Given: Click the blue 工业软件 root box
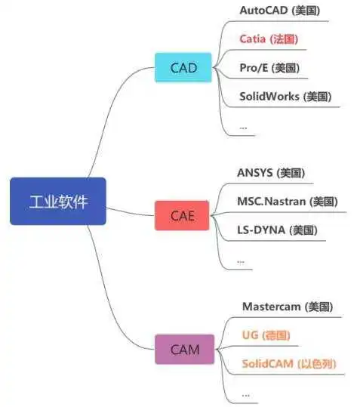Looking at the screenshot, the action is tap(58, 201).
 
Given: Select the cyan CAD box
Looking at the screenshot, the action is tap(183, 68).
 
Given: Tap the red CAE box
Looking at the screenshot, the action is tap(182, 215).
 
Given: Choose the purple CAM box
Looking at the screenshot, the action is tap(185, 350).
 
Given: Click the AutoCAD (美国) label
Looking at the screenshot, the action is tap(280, 11).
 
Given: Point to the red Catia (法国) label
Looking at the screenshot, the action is tap(269, 39).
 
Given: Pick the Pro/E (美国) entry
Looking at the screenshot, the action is tap(269, 68).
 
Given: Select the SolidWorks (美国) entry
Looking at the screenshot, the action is tap(285, 97).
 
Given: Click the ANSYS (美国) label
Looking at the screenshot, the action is tap(271, 173).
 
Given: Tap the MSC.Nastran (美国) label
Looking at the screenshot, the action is tap(288, 202).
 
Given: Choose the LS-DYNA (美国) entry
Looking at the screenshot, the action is tap(277, 230).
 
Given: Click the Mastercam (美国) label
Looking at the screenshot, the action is tap(288, 307).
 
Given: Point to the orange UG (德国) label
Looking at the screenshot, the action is tap(266, 335).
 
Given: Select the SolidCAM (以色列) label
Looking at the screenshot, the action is tap(289, 364).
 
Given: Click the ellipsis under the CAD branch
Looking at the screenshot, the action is tap(243, 128).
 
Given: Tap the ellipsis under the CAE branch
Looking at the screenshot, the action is tap(241, 262).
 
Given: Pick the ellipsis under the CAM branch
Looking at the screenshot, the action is tap(245, 396).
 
